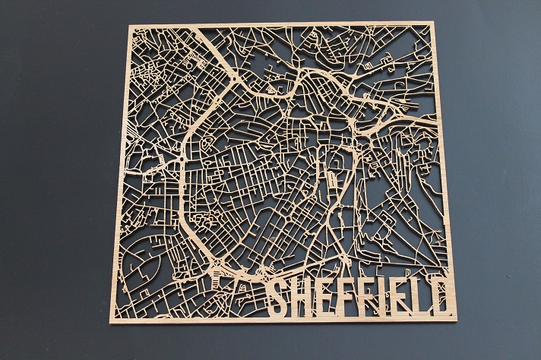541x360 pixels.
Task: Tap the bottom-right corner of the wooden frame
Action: (456, 320)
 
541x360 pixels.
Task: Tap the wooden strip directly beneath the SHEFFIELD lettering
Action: (357, 318)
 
